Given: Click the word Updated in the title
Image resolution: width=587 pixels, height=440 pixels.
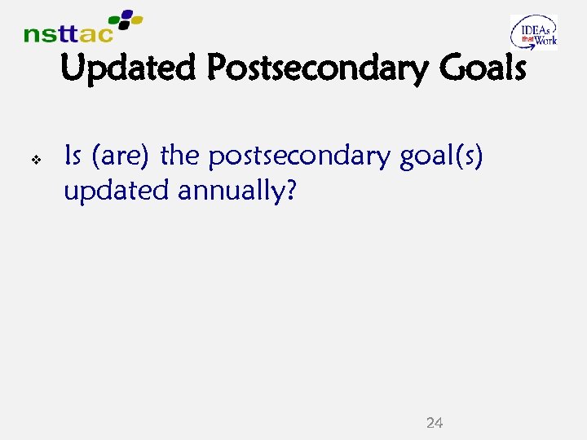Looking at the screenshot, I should pos(129,68).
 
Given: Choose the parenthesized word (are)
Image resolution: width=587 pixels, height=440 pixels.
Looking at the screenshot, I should pos(121,156).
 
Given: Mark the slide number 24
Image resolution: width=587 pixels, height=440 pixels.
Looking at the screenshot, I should pos(435,422).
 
